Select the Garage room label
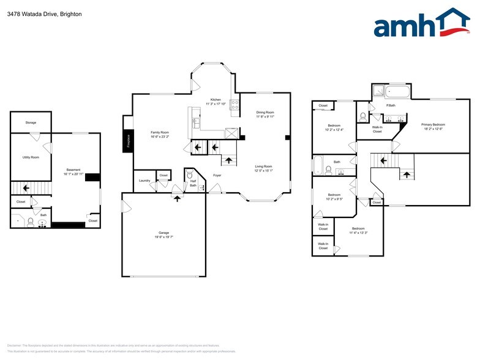pos(163,233)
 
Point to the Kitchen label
pos(216,99)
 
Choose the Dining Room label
pos(264,112)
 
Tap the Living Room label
pos(263,166)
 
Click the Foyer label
pos(217,175)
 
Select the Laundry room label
pos(144,180)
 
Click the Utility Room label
pos(31,157)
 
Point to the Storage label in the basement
pos(31,122)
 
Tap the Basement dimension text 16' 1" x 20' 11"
pos(73,173)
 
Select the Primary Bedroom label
pos(433,124)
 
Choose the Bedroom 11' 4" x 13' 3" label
pos(358,228)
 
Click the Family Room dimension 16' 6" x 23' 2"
pos(160,137)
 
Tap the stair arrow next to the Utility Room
pos(25,188)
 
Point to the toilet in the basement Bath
pos(30,222)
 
